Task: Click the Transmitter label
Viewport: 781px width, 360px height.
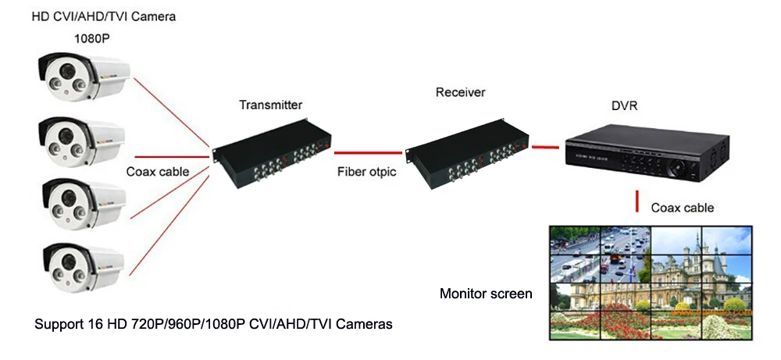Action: click(x=270, y=105)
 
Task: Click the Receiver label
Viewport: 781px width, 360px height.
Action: click(x=460, y=92)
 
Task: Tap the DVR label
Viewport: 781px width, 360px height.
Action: click(x=624, y=106)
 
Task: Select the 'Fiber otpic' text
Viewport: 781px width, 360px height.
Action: click(x=366, y=173)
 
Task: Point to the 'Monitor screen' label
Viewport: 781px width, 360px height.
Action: click(x=486, y=294)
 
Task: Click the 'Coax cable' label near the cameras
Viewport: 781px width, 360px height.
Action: click(x=158, y=172)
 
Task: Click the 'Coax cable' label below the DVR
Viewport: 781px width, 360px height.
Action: click(x=683, y=208)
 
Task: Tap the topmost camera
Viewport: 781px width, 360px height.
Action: click(x=84, y=77)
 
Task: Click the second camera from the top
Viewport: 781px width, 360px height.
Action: click(x=81, y=142)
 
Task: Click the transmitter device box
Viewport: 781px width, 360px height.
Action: click(x=273, y=152)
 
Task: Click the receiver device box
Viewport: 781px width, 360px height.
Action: click(x=466, y=154)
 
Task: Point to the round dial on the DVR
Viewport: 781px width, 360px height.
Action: click(x=679, y=169)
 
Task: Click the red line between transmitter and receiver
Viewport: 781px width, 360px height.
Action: click(x=368, y=152)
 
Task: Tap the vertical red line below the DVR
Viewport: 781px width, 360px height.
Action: click(x=637, y=201)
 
